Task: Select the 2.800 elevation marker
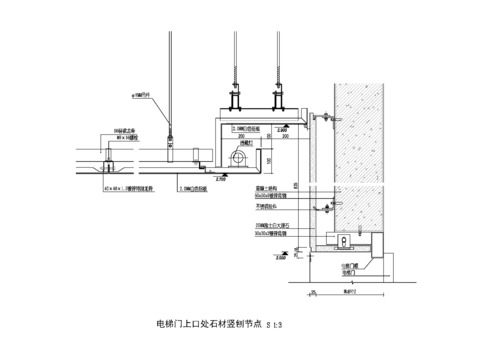point(282,128)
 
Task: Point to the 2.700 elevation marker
point(220,180)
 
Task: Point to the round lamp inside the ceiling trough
point(239,157)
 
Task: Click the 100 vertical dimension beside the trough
point(269,157)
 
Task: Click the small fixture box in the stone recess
point(343,240)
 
